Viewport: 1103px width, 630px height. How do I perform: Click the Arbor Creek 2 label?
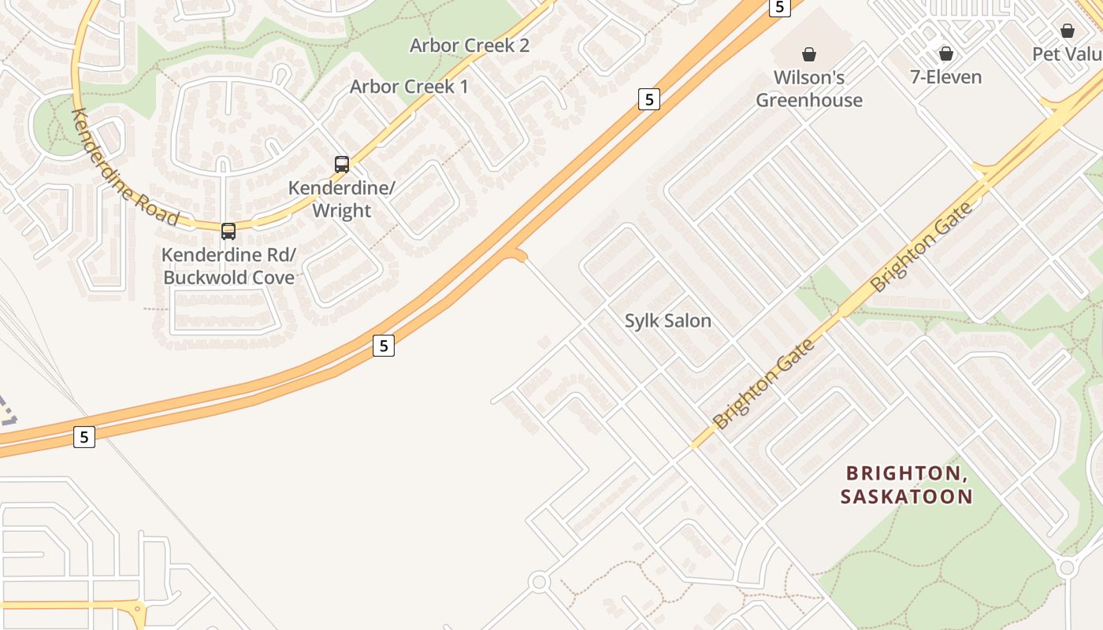pyautogui.click(x=469, y=46)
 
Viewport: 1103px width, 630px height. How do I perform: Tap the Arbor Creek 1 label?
pyautogui.click(x=409, y=87)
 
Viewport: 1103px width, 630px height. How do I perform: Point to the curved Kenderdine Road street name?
pyautogui.click(x=124, y=167)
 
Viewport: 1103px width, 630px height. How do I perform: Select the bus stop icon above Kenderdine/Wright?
pyautogui.click(x=342, y=164)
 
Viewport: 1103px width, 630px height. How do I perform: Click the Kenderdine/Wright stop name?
pyautogui.click(x=341, y=199)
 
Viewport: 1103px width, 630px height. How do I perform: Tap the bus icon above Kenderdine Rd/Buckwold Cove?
pyautogui.click(x=228, y=231)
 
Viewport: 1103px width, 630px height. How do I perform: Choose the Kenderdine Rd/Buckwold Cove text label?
pyautogui.click(x=228, y=266)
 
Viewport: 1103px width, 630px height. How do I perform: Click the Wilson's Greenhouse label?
pyautogui.click(x=809, y=88)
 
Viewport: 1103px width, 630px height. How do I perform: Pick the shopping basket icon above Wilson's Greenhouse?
pyautogui.click(x=808, y=54)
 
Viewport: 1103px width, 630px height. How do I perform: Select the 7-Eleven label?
pyautogui.click(x=945, y=77)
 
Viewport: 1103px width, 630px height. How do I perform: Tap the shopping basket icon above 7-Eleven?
pyautogui.click(x=945, y=54)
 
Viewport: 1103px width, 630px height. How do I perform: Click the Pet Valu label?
pyautogui.click(x=1067, y=54)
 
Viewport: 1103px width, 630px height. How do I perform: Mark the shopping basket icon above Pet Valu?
pyautogui.click(x=1067, y=31)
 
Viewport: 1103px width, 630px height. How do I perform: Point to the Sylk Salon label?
pyautogui.click(x=668, y=321)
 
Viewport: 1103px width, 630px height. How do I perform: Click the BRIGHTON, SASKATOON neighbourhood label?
pyautogui.click(x=906, y=484)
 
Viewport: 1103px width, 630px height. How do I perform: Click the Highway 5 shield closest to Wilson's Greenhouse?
pyautogui.click(x=779, y=7)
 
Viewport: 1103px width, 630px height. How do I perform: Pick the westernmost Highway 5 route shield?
pyautogui.click(x=84, y=436)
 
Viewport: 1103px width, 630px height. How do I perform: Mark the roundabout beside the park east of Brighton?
pyautogui.click(x=1067, y=567)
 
